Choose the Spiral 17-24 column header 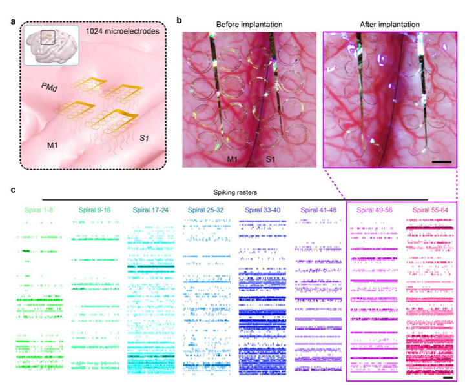[x=149, y=208]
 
